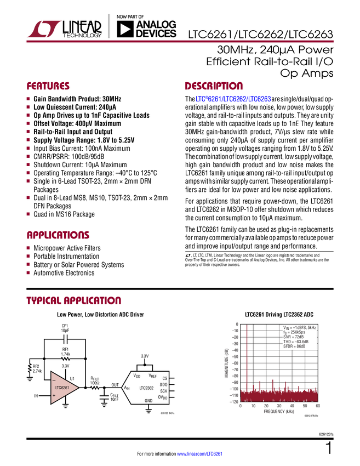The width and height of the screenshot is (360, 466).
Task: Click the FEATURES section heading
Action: point(48,87)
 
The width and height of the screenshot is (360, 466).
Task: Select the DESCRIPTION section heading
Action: point(214,87)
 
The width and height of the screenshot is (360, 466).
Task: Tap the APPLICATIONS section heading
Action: point(58,236)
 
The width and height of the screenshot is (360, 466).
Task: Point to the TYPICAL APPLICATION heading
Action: point(74,301)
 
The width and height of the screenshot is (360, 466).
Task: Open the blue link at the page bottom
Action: point(201,454)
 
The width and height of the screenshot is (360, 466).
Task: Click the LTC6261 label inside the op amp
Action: point(61,388)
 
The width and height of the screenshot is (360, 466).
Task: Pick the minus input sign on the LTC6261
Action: point(54,380)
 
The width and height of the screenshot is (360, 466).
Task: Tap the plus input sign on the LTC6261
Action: point(54,395)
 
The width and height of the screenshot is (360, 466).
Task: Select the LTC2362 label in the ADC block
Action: point(146,388)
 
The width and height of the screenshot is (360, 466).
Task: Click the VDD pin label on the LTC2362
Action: point(137,376)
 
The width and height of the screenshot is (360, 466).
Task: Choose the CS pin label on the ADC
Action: point(164,378)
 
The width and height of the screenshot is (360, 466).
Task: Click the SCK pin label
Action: point(163,391)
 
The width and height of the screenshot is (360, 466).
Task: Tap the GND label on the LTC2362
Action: point(148,401)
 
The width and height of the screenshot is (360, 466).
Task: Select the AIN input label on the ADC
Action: point(127,388)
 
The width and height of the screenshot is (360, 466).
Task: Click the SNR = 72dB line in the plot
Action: point(293,337)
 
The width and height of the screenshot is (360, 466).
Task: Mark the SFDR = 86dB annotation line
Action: point(295,346)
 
